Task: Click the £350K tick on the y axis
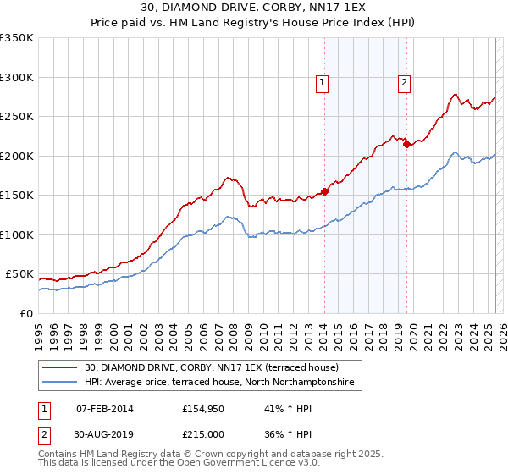pos(17,38)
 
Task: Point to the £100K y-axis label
pos(17,234)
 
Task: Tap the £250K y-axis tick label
pos(17,117)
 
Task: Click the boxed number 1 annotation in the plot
pos(323,82)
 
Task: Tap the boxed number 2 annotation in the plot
pos(405,82)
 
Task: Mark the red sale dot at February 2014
pos(324,191)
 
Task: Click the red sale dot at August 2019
pos(407,145)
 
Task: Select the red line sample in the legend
pos(60,367)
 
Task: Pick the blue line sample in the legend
pos(60,383)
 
